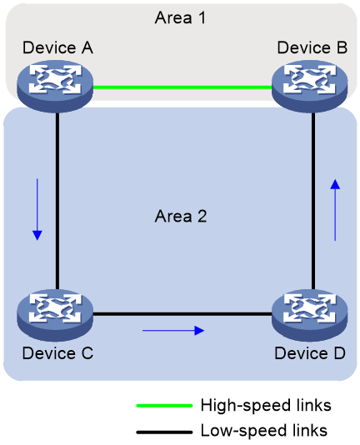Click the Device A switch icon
[x=55, y=87]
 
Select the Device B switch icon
[x=309, y=87]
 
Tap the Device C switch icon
[x=55, y=315]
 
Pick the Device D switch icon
[x=309, y=315]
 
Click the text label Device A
[x=58, y=47]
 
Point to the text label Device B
[x=312, y=47]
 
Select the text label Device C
[x=58, y=353]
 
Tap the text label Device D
[x=310, y=353]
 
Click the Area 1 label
[x=180, y=17]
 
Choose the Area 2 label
[x=181, y=216]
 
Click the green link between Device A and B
[x=182, y=87]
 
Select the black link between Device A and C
[x=57, y=201]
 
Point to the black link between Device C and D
[x=182, y=314]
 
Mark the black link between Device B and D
[x=313, y=201]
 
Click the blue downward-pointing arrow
[x=37, y=209]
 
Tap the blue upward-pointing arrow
[x=335, y=210]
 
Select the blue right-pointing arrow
[x=173, y=330]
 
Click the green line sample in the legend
[x=164, y=406]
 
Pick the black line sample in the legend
[x=164, y=432]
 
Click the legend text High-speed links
[x=266, y=405]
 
